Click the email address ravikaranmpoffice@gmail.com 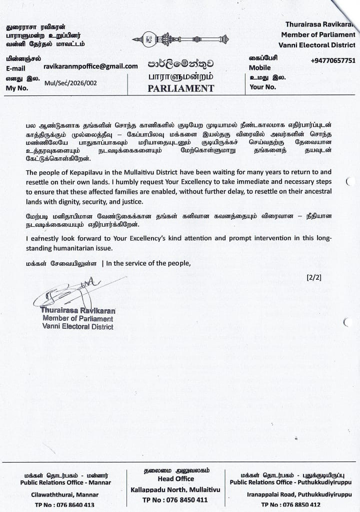pos(90,66)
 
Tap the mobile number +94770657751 pos(333,60)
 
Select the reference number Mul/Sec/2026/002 pos(70,83)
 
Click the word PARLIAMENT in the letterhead pos(180,88)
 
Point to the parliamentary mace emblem pos(180,38)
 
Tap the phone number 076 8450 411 pos(182,500)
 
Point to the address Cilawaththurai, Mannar pos(66,495)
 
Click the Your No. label pos(263,87)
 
